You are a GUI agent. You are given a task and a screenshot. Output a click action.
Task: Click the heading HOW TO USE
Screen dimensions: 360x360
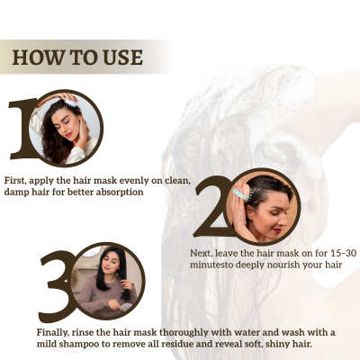78,57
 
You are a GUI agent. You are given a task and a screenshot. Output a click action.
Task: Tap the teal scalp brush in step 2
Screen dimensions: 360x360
240,193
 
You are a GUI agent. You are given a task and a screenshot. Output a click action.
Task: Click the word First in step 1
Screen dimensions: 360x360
17,181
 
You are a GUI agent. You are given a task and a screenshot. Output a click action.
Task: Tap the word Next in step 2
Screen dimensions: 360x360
202,254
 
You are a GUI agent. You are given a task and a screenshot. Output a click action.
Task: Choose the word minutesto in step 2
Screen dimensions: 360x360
213,266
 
